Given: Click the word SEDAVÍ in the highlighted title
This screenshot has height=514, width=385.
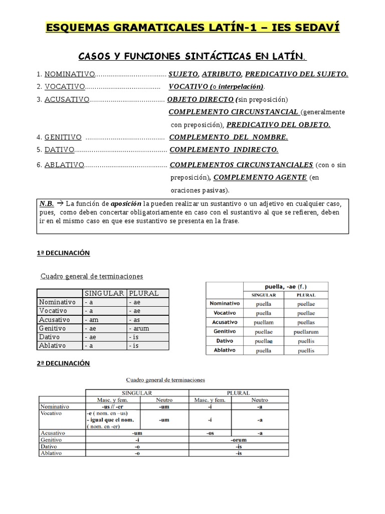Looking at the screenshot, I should tap(314, 27).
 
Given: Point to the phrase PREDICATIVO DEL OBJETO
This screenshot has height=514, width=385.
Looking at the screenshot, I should tap(278, 124).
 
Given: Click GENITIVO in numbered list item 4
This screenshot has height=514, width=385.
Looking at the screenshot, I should tap(63, 137).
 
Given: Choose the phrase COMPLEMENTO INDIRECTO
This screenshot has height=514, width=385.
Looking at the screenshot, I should tap(224, 149).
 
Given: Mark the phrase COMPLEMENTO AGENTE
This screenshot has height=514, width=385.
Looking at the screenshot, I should tap(260, 177).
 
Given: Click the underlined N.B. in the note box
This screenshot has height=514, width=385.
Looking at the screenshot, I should tap(47, 204).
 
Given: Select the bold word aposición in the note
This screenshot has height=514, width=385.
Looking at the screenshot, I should tap(126, 204).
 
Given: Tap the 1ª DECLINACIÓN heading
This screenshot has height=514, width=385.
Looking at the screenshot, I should tap(63, 253).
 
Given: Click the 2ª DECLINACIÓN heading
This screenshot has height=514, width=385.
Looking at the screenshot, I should tap(63, 363).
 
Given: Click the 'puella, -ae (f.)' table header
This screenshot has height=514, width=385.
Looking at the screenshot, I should tap(285, 287).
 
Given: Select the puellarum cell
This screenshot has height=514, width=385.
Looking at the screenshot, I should tap(306, 331).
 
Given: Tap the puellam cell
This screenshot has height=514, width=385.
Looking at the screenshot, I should tap(263, 322).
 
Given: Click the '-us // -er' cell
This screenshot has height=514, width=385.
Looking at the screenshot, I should tap(112, 407).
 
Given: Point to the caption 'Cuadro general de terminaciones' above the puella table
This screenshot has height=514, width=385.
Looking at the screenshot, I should tap(92, 276).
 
